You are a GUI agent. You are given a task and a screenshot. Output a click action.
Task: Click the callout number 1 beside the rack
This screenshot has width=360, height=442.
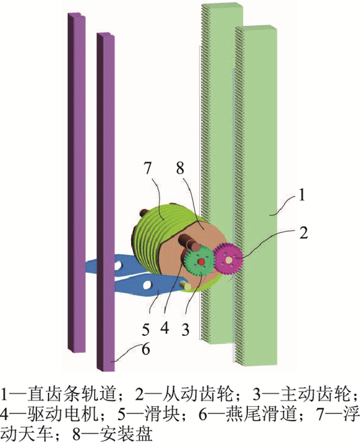(302, 195)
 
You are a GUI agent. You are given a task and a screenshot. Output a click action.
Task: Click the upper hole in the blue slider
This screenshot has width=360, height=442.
(123, 266)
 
